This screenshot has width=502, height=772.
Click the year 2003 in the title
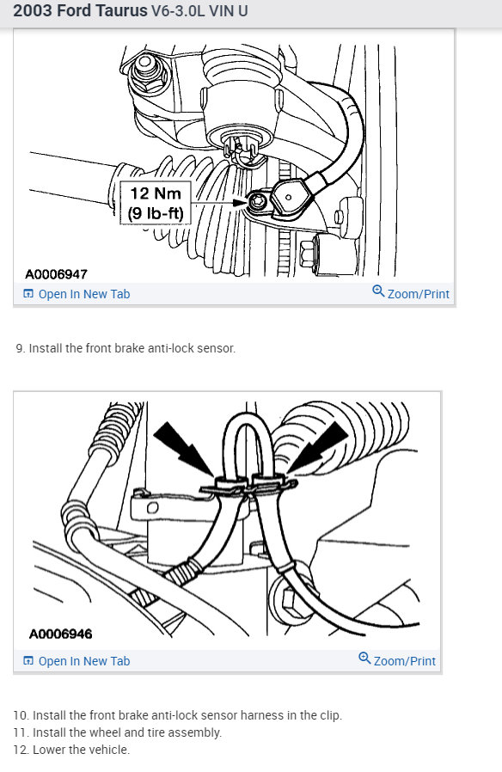click(x=33, y=13)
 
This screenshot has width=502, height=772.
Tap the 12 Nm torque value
click(x=155, y=194)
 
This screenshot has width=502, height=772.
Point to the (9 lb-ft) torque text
click(x=155, y=212)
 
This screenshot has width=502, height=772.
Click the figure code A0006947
click(x=56, y=274)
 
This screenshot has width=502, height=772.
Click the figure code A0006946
click(x=60, y=634)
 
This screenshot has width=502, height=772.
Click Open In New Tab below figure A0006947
click(x=83, y=294)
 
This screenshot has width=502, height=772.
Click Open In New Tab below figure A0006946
click(x=83, y=661)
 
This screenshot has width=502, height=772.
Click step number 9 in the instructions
click(x=20, y=348)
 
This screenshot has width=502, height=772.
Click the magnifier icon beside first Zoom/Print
click(x=378, y=292)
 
